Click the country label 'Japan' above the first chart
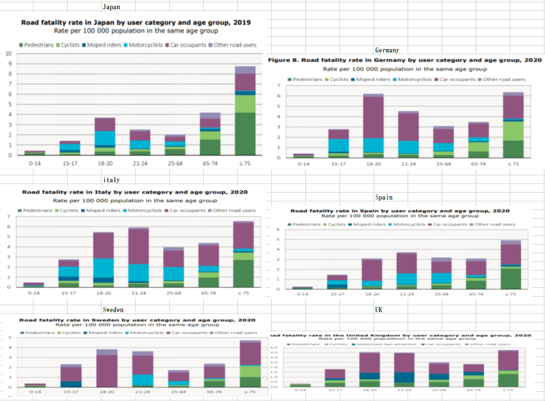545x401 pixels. pyautogui.click(x=111, y=7)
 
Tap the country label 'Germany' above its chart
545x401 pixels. pyautogui.click(x=387, y=51)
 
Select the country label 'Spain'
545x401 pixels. pyautogui.click(x=384, y=198)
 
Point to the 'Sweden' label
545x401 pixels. pyautogui.click(x=113, y=310)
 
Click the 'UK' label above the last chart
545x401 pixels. pyautogui.click(x=379, y=310)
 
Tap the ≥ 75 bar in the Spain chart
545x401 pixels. pyautogui.click(x=510, y=265)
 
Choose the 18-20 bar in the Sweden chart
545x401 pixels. pyautogui.click(x=107, y=369)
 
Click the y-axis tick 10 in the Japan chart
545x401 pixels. pyautogui.click(x=9, y=54)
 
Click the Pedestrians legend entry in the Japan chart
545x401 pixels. pyautogui.click(x=37, y=45)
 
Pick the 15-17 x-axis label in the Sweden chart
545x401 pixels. pyautogui.click(x=71, y=392)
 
